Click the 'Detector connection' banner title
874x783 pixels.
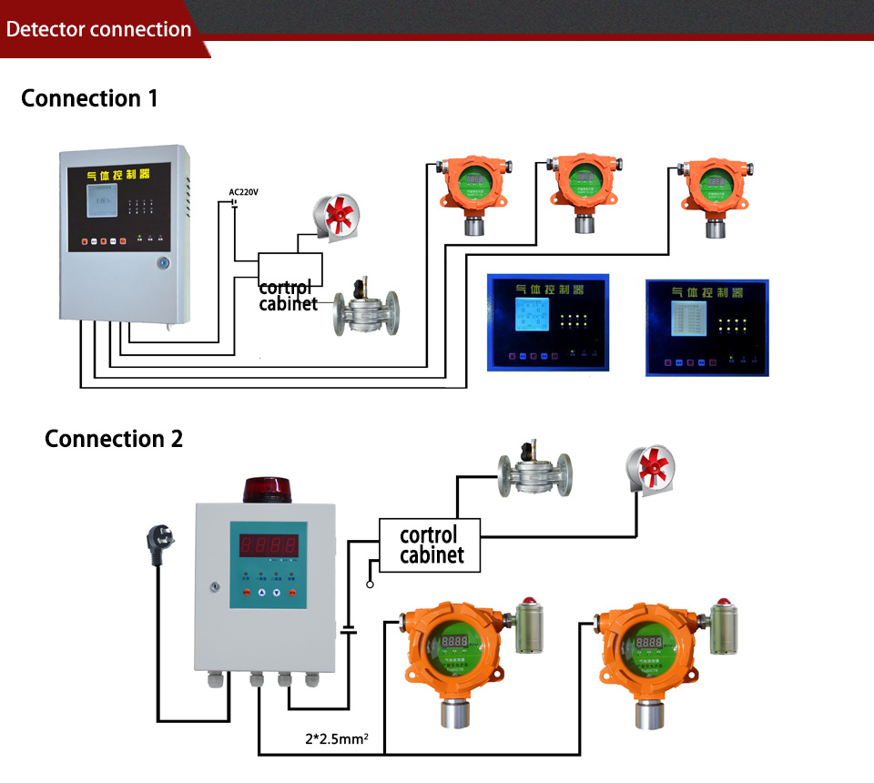click(x=98, y=29)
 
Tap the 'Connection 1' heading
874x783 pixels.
click(x=89, y=98)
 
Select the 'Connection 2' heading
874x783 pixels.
click(x=114, y=439)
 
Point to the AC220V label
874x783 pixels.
click(x=244, y=192)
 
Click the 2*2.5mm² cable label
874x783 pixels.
click(x=336, y=739)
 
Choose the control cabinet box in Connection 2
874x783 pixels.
click(x=429, y=544)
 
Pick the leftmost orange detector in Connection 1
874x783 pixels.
click(x=473, y=193)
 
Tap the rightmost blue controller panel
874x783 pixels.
click(x=706, y=328)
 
